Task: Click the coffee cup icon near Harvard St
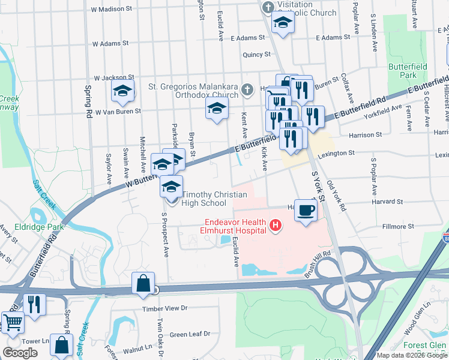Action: click(306, 211)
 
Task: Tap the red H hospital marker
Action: click(276, 226)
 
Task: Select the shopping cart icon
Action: click(12, 322)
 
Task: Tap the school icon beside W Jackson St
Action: click(122, 91)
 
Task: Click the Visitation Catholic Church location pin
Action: click(268, 8)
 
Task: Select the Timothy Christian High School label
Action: click(204, 199)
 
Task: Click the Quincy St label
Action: click(256, 55)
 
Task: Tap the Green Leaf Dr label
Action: click(190, 334)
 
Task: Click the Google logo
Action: click(20, 353)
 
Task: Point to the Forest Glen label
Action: click(424, 345)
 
